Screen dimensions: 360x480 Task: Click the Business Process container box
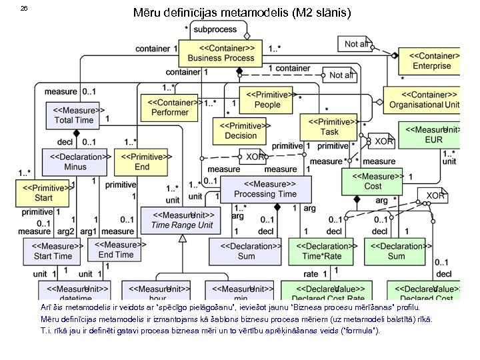tap(221, 53)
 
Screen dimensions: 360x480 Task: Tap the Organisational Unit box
tap(424, 99)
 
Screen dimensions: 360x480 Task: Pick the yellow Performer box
tap(170, 107)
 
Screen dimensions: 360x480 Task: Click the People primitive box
tap(267, 99)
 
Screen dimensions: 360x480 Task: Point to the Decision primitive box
tap(241, 130)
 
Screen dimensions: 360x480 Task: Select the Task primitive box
tap(329, 127)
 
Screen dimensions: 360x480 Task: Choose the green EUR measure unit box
tap(433, 135)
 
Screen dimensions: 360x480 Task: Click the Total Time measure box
tap(74, 115)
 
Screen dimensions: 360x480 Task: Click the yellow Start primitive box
tap(43, 193)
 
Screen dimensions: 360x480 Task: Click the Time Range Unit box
tap(182, 220)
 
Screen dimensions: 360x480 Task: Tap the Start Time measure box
tap(53, 251)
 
